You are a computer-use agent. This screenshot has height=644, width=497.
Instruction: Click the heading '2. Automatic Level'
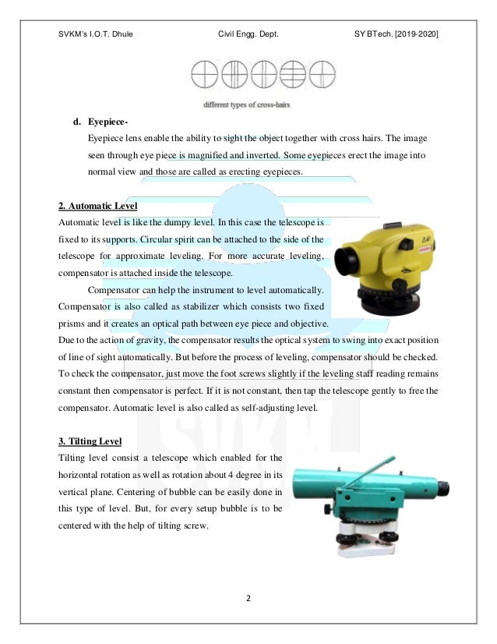pyautogui.click(x=97, y=206)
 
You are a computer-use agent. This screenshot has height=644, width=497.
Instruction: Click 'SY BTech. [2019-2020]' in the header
pyautogui.click(x=396, y=34)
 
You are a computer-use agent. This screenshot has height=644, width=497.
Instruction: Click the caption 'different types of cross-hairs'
pyautogui.click(x=248, y=104)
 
